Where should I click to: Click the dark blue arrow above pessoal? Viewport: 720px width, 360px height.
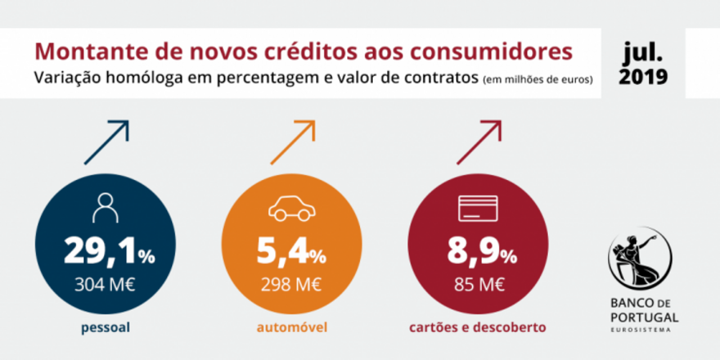coord(106,143)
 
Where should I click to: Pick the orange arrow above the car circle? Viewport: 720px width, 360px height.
coord(293,143)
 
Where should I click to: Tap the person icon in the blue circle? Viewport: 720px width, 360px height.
coord(105,208)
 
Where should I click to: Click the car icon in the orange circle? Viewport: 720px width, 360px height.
coord(291,210)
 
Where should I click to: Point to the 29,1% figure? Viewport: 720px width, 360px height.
coord(109,254)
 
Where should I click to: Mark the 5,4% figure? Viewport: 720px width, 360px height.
coord(291,254)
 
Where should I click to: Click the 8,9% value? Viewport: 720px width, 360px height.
coord(478,254)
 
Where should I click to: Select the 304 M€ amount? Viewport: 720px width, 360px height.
coord(105,284)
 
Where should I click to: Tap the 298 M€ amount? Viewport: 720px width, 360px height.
coord(291,284)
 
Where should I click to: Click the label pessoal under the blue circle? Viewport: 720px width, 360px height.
coord(105,328)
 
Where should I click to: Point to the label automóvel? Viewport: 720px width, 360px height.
coord(291,328)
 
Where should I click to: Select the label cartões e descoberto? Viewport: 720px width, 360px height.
coord(478,328)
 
